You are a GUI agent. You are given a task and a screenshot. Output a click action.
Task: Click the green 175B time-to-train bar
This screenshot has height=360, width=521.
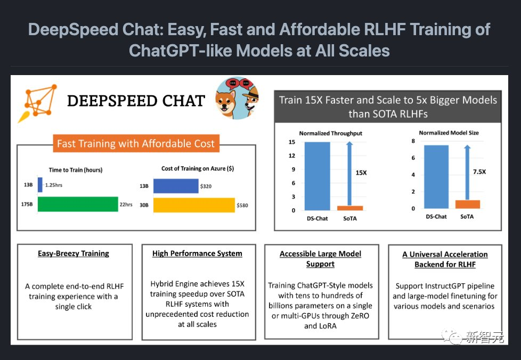77,204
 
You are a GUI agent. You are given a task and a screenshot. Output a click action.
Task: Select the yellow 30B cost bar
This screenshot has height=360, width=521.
194,205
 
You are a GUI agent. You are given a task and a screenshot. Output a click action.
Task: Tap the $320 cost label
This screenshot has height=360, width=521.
206,186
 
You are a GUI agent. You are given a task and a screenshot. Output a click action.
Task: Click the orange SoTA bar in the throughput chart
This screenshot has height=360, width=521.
350,208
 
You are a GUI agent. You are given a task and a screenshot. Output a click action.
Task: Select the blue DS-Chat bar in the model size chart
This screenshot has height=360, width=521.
436,176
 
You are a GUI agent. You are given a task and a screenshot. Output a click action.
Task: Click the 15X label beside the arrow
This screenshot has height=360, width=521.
362,173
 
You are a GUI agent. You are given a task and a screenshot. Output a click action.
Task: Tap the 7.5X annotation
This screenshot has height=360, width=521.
479,171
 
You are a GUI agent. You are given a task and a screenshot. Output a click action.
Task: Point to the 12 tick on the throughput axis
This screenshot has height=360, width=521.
292,156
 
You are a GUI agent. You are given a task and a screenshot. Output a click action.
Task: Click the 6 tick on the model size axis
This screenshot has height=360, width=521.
413,158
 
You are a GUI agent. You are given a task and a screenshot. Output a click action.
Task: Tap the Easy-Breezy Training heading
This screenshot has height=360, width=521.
74,253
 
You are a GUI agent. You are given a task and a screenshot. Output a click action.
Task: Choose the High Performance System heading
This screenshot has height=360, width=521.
197,253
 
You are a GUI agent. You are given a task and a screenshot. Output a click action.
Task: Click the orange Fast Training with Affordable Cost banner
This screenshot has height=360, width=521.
136,143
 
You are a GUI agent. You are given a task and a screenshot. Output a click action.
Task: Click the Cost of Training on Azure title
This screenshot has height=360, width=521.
197,168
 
